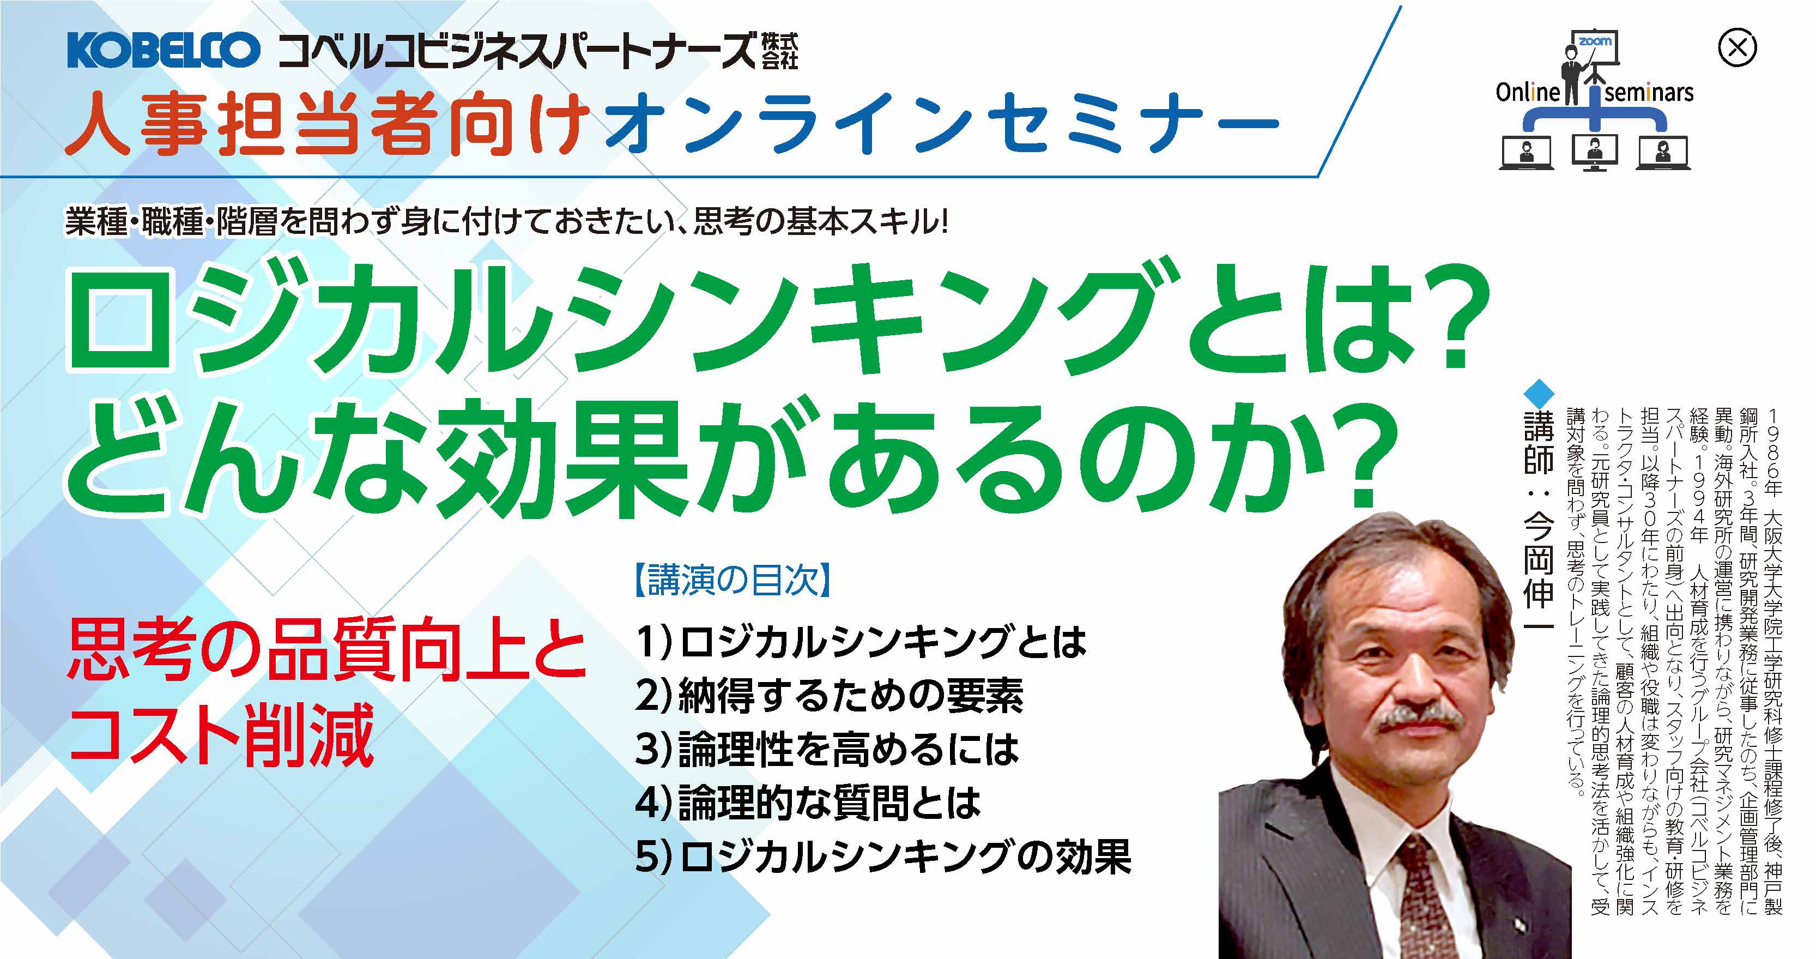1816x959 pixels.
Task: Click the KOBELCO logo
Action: coord(164,50)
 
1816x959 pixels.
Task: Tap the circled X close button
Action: coord(1737,48)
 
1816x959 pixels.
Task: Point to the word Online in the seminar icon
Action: coord(1527,92)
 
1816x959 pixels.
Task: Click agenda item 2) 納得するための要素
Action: coord(829,696)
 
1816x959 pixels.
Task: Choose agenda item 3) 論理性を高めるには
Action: coord(827,750)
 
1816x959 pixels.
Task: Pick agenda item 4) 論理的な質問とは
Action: coord(808,803)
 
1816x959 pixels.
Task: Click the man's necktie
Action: coord(1417,896)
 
